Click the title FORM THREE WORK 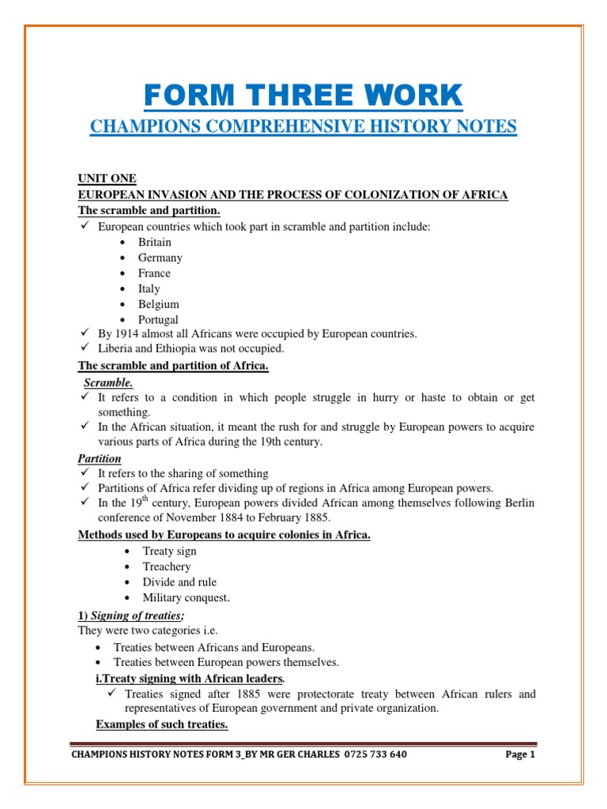click(303, 96)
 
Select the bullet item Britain click(155, 242)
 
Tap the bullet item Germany click(160, 258)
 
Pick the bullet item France click(154, 273)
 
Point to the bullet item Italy click(149, 288)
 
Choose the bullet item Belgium click(159, 304)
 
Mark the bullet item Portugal click(158, 320)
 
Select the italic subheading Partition click(99, 458)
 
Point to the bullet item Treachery click(167, 566)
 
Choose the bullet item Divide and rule click(179, 582)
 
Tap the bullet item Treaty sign click(169, 551)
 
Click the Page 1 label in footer click(520, 754)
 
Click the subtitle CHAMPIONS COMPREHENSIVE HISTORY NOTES click(303, 126)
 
